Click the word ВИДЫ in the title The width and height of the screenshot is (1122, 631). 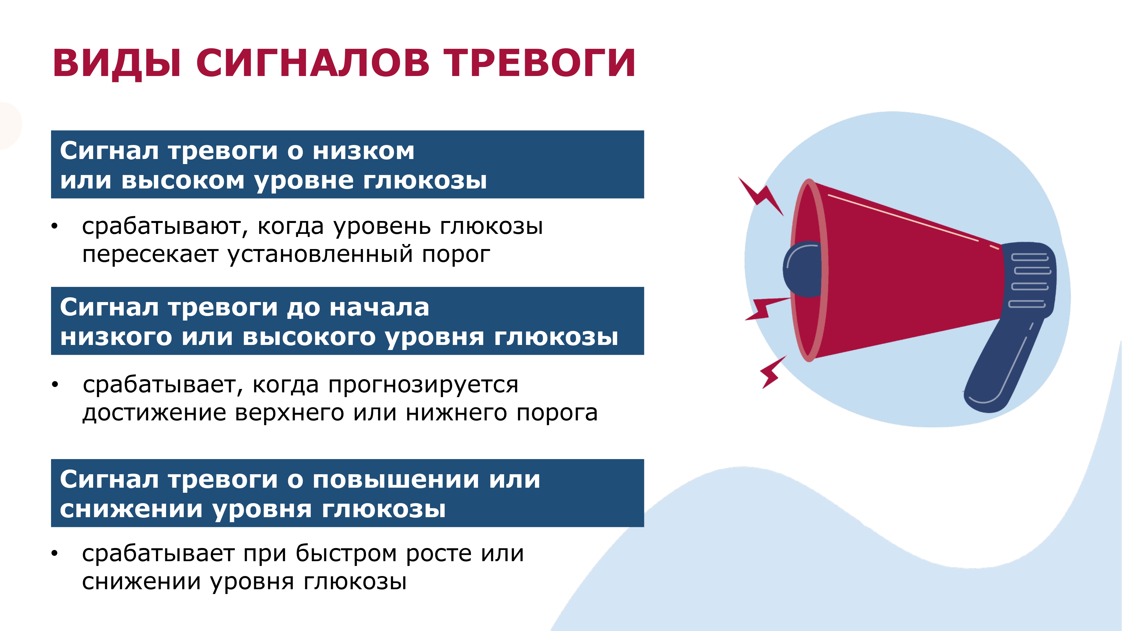click(117, 64)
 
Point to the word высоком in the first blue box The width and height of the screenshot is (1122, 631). click(183, 181)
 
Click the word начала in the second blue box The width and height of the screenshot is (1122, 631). click(379, 308)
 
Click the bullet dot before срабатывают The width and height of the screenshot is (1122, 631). click(54, 226)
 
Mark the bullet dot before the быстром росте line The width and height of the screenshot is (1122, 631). click(54, 554)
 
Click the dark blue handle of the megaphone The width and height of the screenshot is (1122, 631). click(1002, 366)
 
